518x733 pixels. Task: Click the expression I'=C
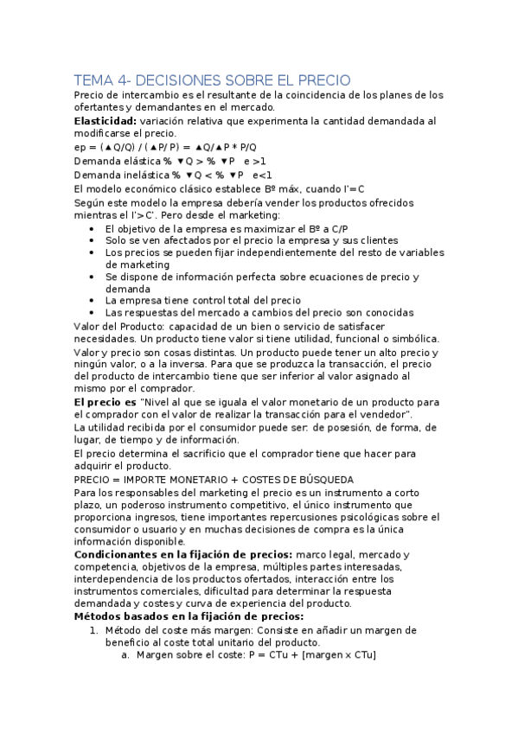tap(354, 188)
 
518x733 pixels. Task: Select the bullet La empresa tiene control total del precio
tap(203, 299)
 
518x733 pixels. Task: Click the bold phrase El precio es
tap(106, 403)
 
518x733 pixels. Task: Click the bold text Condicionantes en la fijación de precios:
tap(185, 553)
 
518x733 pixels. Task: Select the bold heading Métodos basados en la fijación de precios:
tap(189, 616)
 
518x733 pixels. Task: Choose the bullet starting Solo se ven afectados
tap(252, 239)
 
